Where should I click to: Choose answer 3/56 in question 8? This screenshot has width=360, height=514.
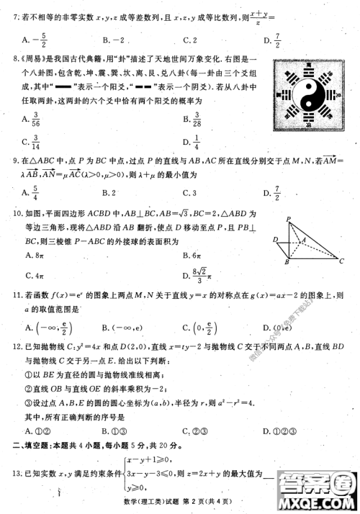(30, 119)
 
